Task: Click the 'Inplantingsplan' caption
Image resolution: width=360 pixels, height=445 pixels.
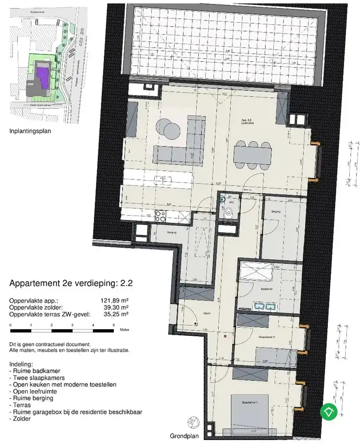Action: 30,132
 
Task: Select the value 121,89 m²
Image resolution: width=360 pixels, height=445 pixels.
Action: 114,300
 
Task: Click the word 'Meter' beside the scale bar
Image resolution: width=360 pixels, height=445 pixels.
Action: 125,328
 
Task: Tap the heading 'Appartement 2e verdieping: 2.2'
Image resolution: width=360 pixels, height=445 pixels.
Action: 71,284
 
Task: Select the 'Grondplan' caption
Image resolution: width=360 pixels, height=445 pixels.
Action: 183,437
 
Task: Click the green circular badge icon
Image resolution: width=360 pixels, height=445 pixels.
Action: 329,411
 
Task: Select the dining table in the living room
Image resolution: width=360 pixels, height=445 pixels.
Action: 253,155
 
